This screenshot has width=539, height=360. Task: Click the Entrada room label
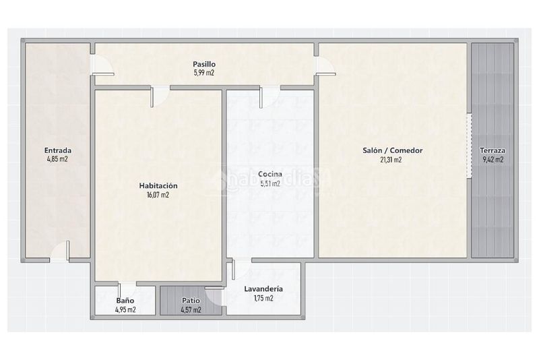pyautogui.click(x=58, y=150)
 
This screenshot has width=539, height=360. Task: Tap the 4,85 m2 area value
pyautogui.click(x=57, y=159)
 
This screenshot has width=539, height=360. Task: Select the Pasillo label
pyautogui.click(x=204, y=64)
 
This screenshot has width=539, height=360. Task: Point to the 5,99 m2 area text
pyautogui.click(x=204, y=73)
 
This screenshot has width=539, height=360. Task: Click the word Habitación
pyautogui.click(x=158, y=185)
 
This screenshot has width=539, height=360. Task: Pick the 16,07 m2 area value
pyautogui.click(x=158, y=195)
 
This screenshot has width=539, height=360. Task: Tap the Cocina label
pyautogui.click(x=270, y=174)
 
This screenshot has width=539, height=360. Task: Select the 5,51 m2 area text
pyautogui.click(x=270, y=183)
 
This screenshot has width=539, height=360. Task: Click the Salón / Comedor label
pyautogui.click(x=393, y=150)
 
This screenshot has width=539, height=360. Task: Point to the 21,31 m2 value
pyautogui.click(x=391, y=160)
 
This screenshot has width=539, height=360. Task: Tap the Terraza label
pyautogui.click(x=493, y=150)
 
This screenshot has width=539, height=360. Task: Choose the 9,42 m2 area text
pyautogui.click(x=493, y=160)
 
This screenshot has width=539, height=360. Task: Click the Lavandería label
pyautogui.click(x=263, y=289)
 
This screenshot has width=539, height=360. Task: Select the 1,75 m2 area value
pyautogui.click(x=263, y=298)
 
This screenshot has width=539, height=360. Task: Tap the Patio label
pyautogui.click(x=191, y=301)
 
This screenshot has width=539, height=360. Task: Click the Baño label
pyautogui.click(x=125, y=301)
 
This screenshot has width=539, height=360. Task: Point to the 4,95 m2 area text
pyautogui.click(x=125, y=309)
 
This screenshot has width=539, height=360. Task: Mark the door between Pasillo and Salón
pyautogui.click(x=325, y=65)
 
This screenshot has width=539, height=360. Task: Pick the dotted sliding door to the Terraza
pyautogui.click(x=469, y=146)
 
